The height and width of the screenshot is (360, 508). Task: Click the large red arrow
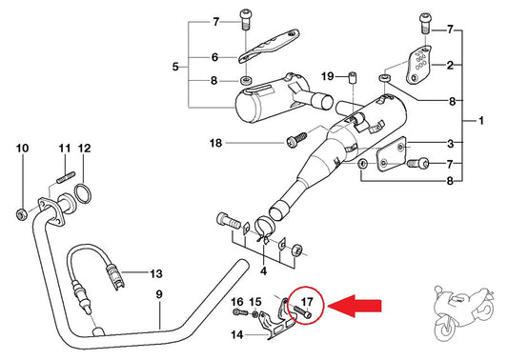(355, 306)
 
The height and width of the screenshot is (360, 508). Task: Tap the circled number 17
(307, 302)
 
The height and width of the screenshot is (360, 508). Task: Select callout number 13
(156, 273)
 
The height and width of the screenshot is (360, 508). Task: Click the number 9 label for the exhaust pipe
(159, 294)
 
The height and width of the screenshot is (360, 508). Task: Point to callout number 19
(327, 76)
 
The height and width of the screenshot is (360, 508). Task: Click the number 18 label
(216, 143)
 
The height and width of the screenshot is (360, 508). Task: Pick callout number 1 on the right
(481, 121)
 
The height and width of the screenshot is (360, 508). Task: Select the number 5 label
(175, 67)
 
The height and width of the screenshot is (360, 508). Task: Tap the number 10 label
(22, 149)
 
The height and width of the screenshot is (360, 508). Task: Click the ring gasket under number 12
(83, 193)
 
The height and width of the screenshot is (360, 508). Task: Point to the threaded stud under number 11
(66, 178)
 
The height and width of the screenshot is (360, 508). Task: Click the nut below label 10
(21, 214)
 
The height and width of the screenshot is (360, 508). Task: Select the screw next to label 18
(296, 140)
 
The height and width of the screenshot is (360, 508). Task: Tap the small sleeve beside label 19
(352, 78)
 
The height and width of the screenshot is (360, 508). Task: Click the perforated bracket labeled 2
(419, 65)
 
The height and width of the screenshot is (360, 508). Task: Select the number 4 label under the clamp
(264, 270)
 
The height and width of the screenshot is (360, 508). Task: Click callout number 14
(236, 334)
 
